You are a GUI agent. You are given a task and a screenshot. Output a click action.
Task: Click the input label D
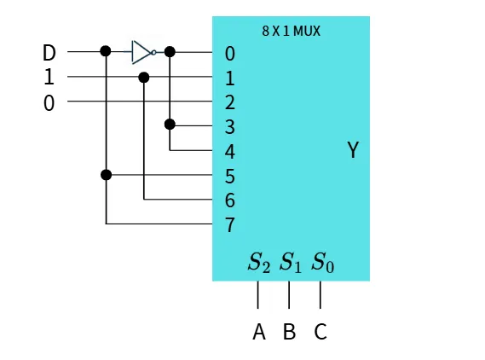49,52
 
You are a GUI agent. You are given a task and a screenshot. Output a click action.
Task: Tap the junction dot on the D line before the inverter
106,51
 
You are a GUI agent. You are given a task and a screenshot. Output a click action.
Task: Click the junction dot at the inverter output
170,52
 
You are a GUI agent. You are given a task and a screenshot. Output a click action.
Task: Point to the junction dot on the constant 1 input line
144,78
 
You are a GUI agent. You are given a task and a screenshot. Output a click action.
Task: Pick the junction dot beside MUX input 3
170,125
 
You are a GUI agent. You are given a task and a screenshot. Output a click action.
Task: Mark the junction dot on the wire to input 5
106,175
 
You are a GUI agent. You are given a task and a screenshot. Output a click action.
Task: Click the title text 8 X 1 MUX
291,31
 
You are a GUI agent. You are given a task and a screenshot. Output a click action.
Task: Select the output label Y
353,150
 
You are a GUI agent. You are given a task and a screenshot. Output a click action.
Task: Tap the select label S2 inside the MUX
259,263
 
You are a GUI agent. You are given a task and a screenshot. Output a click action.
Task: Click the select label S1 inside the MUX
290,263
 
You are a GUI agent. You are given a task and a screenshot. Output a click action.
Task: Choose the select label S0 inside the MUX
322,263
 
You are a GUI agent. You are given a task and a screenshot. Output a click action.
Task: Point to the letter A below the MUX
259,332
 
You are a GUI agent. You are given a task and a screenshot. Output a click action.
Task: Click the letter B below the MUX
290,332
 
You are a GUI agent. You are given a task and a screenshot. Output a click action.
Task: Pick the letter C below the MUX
320,332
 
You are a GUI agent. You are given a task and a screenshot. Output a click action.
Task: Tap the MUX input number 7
230,225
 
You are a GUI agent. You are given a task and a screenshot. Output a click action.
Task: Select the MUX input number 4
230,152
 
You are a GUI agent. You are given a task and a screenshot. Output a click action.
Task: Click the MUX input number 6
230,200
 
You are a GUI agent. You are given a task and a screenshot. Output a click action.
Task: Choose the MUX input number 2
230,102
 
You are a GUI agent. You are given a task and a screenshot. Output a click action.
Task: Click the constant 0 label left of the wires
49,103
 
